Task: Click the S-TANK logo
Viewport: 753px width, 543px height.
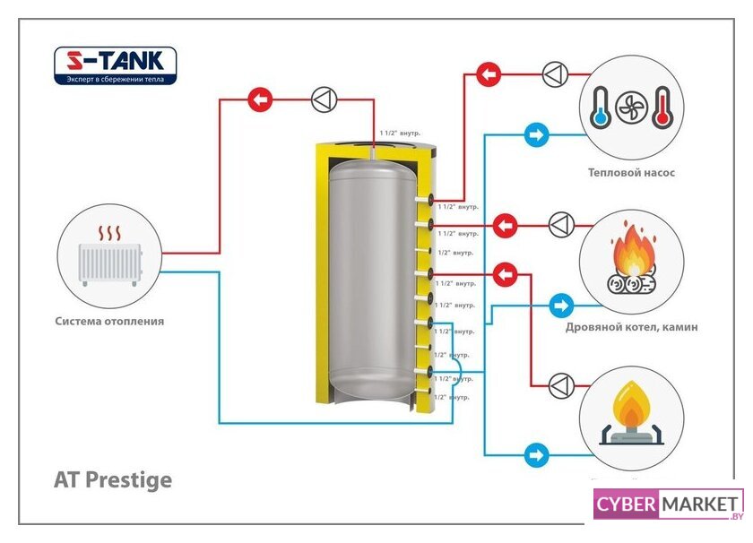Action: pyautogui.click(x=116, y=65)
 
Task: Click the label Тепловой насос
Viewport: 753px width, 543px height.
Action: pyautogui.click(x=631, y=173)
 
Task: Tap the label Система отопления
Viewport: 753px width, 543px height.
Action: pyautogui.click(x=109, y=321)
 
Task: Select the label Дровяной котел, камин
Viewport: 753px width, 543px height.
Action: pyautogui.click(x=631, y=327)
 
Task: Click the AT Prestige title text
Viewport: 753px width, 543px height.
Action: pyautogui.click(x=113, y=480)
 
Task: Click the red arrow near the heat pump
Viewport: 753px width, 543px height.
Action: pyautogui.click(x=489, y=73)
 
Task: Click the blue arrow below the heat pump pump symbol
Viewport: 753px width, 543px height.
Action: pyautogui.click(x=536, y=136)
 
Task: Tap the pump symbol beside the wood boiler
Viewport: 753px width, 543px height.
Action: pyautogui.click(x=561, y=224)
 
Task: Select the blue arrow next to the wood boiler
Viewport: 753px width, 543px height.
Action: pyautogui.click(x=561, y=306)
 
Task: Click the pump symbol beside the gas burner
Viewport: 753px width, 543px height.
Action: pyautogui.click(x=561, y=385)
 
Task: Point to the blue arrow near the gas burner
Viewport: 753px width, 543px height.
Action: pyautogui.click(x=536, y=454)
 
